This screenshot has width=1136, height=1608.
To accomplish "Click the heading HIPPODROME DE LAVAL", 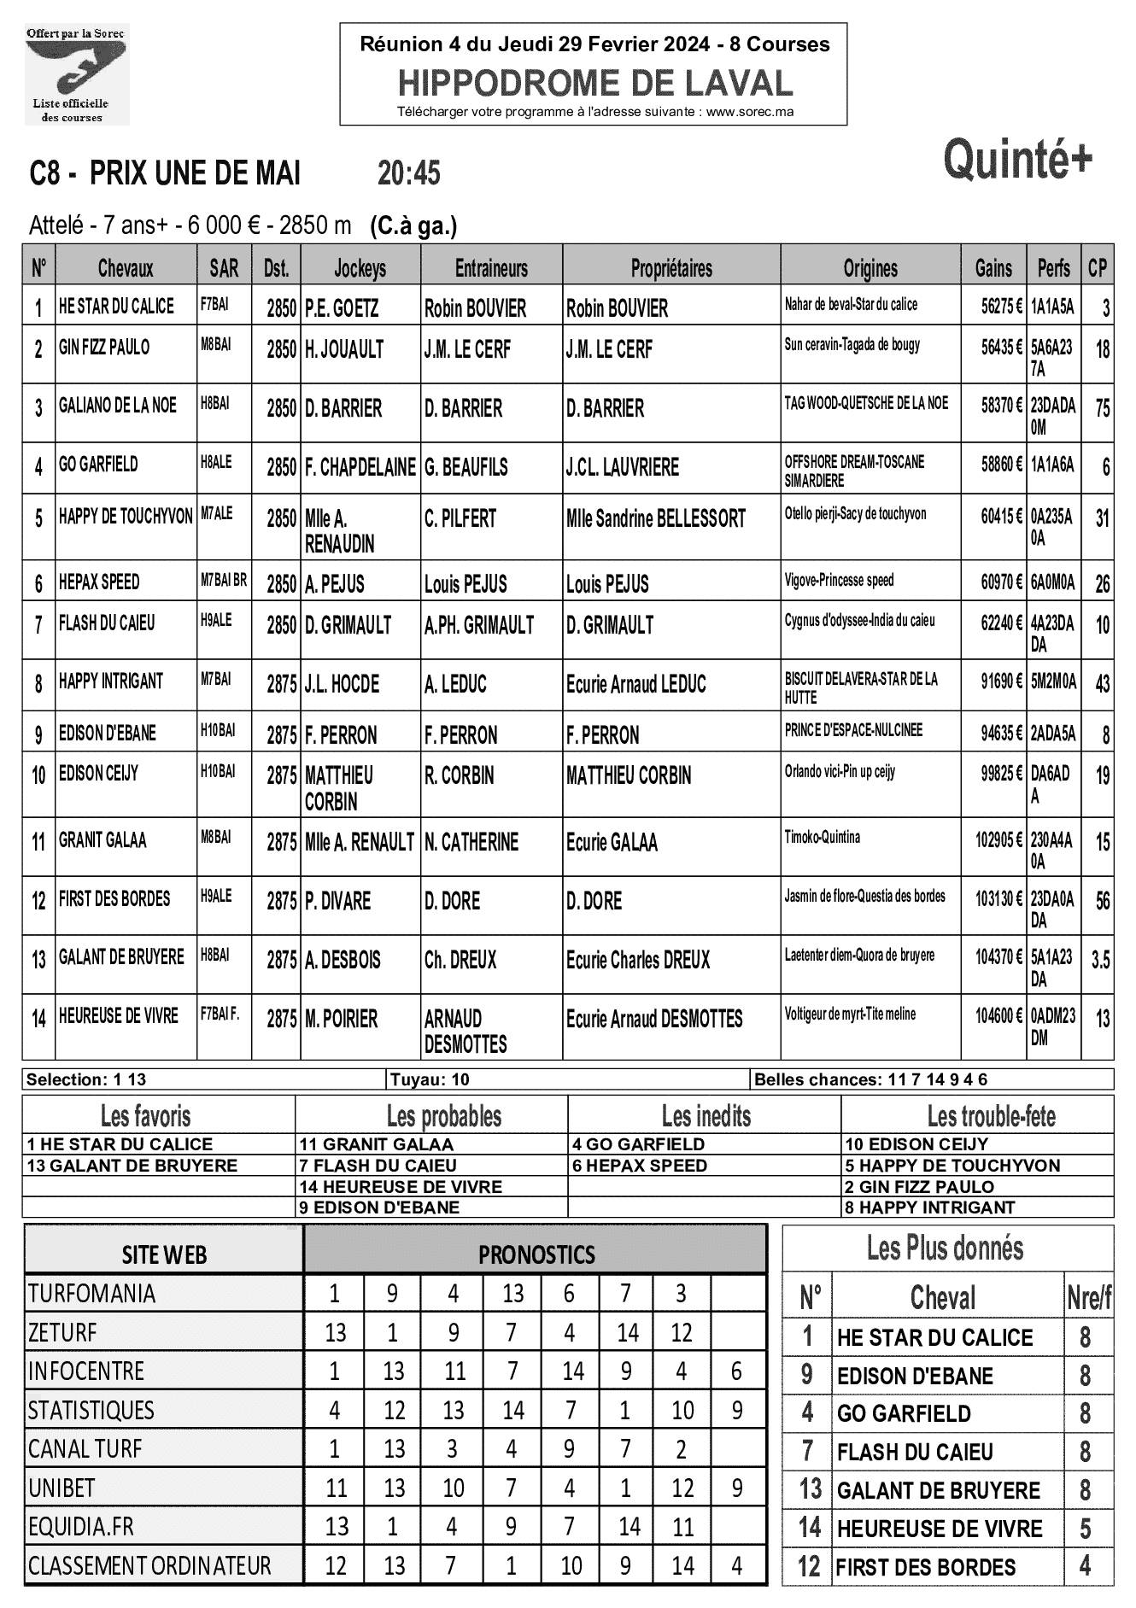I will click(594, 83).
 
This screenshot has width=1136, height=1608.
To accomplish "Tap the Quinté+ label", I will click(1018, 160).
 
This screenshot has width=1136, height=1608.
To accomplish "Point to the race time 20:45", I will click(409, 173).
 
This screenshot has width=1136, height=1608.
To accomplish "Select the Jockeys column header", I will click(360, 268).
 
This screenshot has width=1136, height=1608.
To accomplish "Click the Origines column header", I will click(870, 268).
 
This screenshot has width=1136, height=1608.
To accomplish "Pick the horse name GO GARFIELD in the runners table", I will click(98, 465).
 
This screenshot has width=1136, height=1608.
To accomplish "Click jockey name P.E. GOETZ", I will click(342, 307).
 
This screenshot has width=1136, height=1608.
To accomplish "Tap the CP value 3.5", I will click(1100, 960).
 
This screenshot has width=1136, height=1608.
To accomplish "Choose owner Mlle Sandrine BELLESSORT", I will click(656, 518).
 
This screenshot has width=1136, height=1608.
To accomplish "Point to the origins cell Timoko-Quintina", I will click(823, 838).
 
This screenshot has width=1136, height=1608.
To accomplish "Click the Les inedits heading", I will click(706, 1116).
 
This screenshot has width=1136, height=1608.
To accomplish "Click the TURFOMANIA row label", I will click(91, 1293).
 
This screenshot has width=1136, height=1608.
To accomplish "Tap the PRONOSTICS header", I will click(536, 1254).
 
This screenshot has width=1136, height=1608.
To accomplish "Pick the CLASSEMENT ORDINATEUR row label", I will click(149, 1565).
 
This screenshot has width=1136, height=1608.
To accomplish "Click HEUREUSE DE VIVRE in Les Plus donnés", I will click(940, 1529).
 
